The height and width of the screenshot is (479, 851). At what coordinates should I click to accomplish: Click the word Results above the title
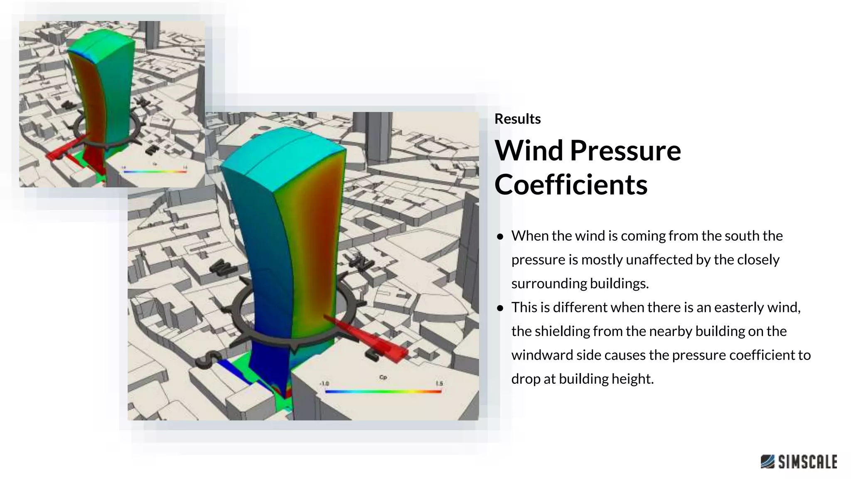pos(517,119)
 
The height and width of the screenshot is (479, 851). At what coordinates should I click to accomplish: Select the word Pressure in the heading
pos(625,151)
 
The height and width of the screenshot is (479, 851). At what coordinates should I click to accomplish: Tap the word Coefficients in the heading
pos(571,185)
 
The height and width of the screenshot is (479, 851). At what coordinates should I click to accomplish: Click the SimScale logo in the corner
pos(799,462)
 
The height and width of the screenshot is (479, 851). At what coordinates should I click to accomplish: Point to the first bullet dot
pos(500,237)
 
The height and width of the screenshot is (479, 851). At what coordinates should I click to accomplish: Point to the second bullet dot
pos(500,308)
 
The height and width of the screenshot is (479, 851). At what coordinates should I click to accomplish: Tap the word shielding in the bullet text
pos(561,331)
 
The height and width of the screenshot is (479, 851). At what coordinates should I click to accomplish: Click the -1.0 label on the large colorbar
pos(325,383)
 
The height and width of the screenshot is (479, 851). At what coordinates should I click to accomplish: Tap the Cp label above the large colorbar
pos(383,377)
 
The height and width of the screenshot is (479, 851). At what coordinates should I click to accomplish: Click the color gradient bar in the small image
pos(155,171)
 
